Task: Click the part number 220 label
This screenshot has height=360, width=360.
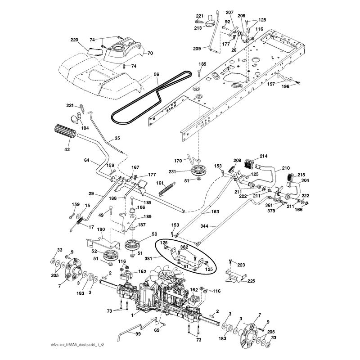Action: [74, 40]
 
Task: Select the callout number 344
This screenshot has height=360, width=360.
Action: [204, 226]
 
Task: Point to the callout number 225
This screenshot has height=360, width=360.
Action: [251, 281]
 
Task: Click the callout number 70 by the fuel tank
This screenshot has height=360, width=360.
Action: [150, 53]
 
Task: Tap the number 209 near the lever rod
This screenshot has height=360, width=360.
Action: [197, 49]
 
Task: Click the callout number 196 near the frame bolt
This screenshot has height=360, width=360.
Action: [285, 86]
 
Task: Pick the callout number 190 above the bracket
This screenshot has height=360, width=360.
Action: [101, 229]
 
